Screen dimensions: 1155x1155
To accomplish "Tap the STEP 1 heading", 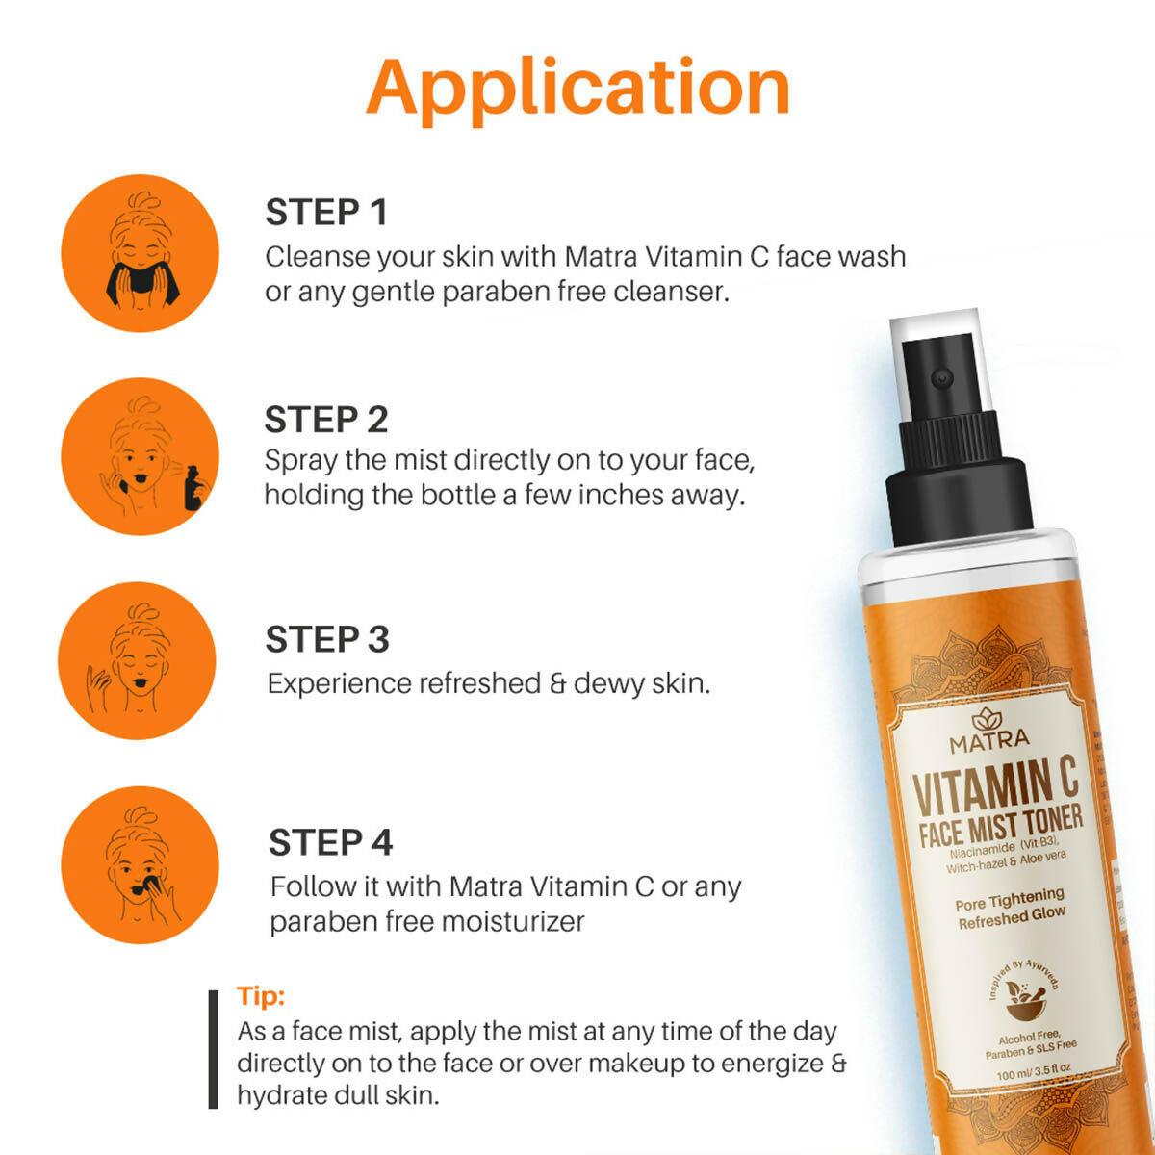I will pos(325,213).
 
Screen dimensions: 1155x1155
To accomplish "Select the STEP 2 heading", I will pos(326,420).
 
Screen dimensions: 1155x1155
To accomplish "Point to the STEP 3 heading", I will pos(327,639).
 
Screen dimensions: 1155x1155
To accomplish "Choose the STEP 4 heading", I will pos(330,842).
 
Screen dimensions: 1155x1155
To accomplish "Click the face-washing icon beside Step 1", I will pos(140,252).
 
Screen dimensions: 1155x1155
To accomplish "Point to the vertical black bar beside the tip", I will pos(214,1049).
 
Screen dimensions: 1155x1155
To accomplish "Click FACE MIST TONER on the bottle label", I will pos(1001,824).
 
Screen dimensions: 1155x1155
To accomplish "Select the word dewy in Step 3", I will pos(609,684).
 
